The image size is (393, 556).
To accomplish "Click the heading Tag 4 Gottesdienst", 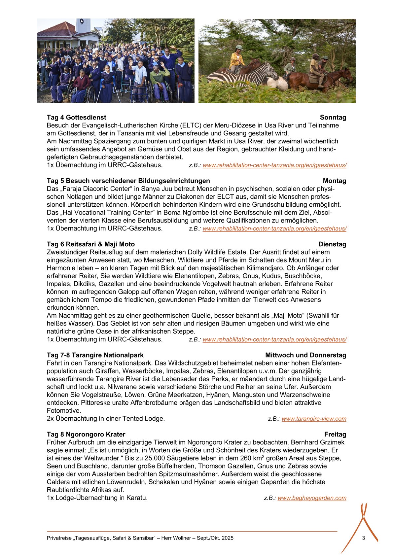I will (76, 117).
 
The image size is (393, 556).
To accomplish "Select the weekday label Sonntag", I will (333, 117).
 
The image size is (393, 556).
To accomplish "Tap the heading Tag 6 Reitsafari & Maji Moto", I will (91, 244).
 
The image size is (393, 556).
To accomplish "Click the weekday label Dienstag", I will (332, 244).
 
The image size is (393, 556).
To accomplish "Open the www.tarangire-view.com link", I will (314, 419).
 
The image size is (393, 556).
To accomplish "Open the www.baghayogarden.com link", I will (312, 498).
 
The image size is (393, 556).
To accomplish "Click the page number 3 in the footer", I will (364, 538).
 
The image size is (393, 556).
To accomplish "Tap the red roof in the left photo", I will (58, 30).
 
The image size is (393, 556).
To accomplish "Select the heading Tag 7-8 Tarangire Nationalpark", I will (95, 355).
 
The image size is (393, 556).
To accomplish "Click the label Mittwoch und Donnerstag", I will (305, 355).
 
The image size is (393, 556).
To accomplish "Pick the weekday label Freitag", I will (335, 434).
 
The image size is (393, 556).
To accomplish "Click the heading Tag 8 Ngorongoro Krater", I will (86, 434).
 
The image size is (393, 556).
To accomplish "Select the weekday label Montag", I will (335, 181).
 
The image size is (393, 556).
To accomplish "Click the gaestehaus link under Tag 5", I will (274, 228).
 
